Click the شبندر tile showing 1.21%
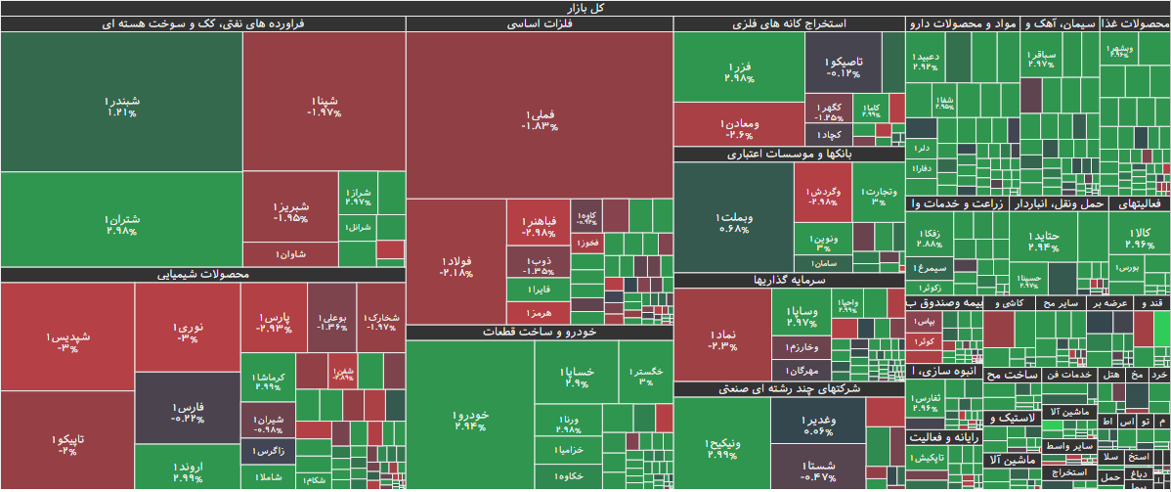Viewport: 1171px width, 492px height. pyautogui.click(x=122, y=106)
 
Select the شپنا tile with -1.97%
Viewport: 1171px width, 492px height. pyautogui.click(x=324, y=106)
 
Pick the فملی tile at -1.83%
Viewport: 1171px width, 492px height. pyautogui.click(x=540, y=119)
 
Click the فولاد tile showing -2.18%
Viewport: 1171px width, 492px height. pyautogui.click(x=455, y=266)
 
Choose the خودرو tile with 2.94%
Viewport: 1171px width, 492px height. pyautogui.click(x=470, y=421)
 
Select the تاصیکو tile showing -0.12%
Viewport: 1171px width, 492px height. pyautogui.click(x=843, y=66)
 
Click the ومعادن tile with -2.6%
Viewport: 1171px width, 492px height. pyautogui.click(x=739, y=128)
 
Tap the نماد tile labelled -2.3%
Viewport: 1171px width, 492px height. pyautogui.click(x=722, y=339)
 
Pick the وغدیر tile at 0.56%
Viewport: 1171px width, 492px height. pyautogui.click(x=818, y=425)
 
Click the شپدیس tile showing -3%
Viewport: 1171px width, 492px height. pyautogui.click(x=66, y=341)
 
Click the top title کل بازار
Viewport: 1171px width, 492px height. pyautogui.click(x=585, y=8)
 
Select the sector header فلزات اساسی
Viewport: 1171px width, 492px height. pyautogui.click(x=540, y=23)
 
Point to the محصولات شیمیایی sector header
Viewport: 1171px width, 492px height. pyautogui.click(x=202, y=275)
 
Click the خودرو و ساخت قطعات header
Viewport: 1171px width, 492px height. pyautogui.click(x=540, y=333)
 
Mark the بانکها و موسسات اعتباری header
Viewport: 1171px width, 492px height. pyautogui.click(x=789, y=155)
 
